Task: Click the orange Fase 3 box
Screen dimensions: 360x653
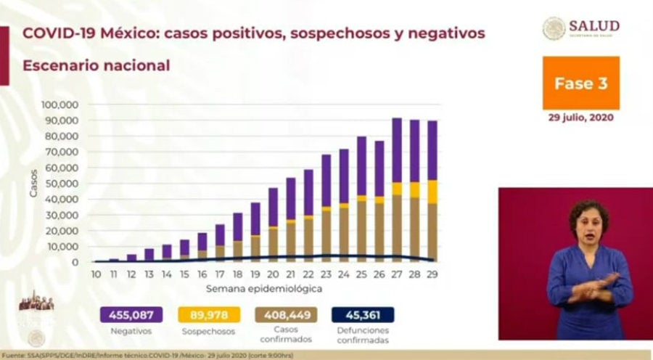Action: click(580, 83)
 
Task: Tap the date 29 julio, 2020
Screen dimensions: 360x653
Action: click(580, 117)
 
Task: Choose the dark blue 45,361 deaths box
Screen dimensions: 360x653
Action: click(363, 315)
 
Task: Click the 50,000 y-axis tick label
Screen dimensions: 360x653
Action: click(63, 184)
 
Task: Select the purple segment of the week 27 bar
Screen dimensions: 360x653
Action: click(397, 150)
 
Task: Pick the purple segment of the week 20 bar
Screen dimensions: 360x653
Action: click(273, 207)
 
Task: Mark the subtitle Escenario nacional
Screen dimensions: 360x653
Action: click(96, 65)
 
